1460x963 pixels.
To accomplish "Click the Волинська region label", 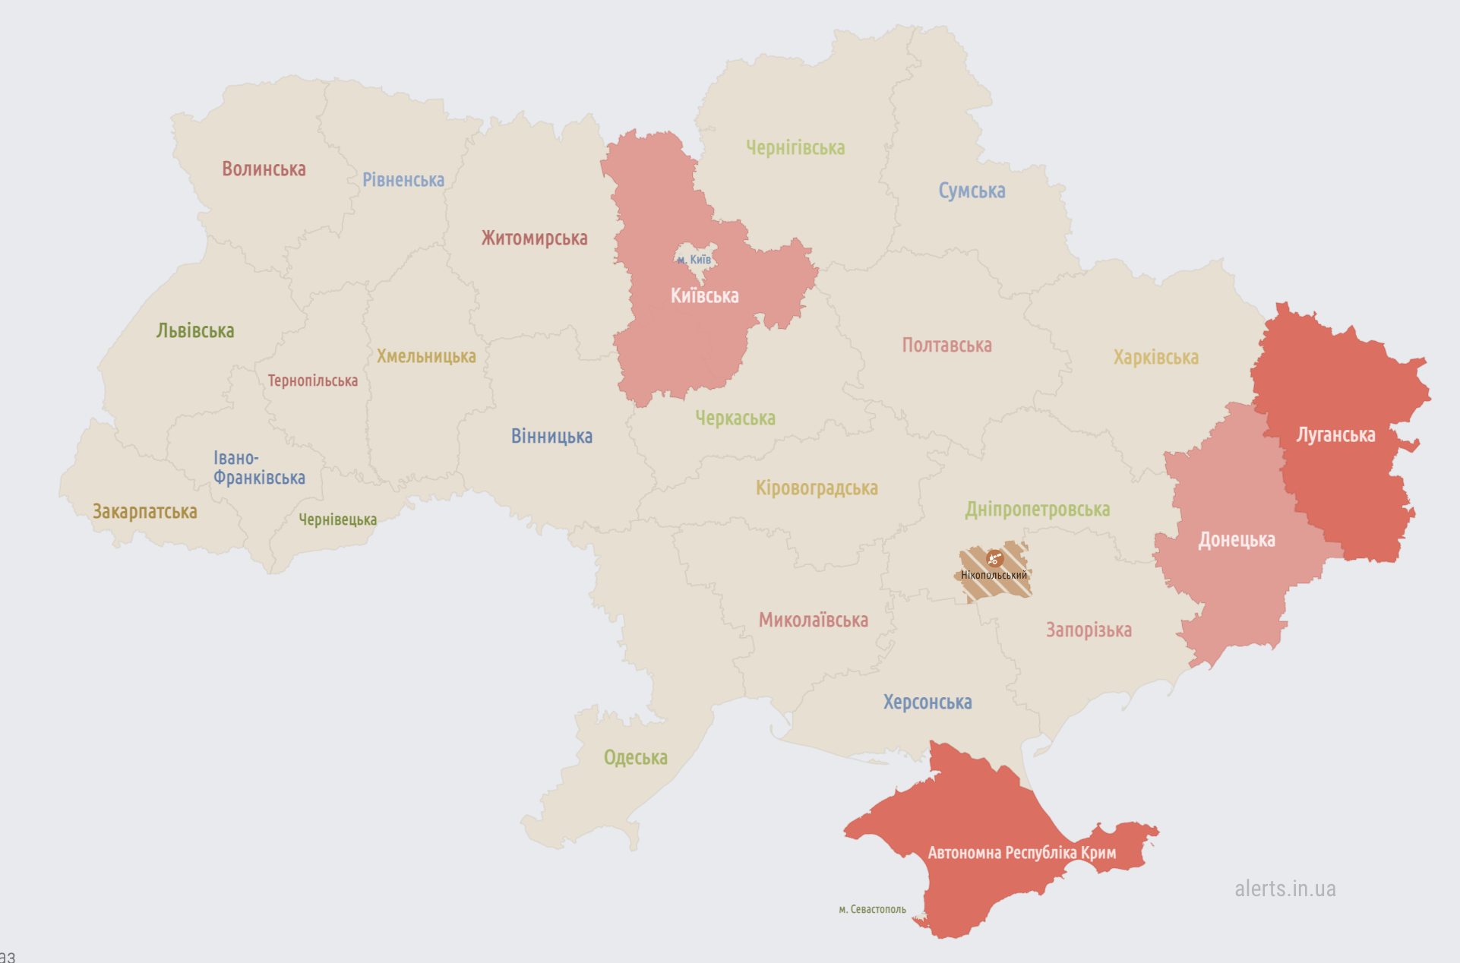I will (264, 169).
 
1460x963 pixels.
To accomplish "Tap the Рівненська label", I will (403, 180).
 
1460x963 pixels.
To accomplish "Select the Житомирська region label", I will (534, 238).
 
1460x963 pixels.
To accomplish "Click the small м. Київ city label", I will (694, 260).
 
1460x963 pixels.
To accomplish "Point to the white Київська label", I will (704, 295).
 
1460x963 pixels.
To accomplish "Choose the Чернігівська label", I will (795, 147).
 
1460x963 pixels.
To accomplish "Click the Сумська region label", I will (972, 191).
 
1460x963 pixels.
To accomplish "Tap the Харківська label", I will (1155, 357).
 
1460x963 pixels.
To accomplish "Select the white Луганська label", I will (1335, 435).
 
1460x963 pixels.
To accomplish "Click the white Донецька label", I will (1237, 540).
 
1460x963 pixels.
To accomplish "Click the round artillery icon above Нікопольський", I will (994, 559).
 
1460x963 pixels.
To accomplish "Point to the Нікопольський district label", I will (994, 575).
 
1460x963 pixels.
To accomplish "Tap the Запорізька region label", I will (1089, 630).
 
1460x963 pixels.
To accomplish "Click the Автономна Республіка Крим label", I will (1022, 853).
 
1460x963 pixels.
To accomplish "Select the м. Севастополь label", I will (872, 909).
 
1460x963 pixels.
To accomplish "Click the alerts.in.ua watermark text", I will (1285, 889).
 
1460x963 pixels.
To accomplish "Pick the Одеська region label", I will (635, 757).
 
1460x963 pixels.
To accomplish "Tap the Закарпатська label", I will (144, 512).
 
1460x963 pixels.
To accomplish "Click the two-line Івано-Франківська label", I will (258, 468).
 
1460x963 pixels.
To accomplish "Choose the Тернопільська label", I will (312, 380).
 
